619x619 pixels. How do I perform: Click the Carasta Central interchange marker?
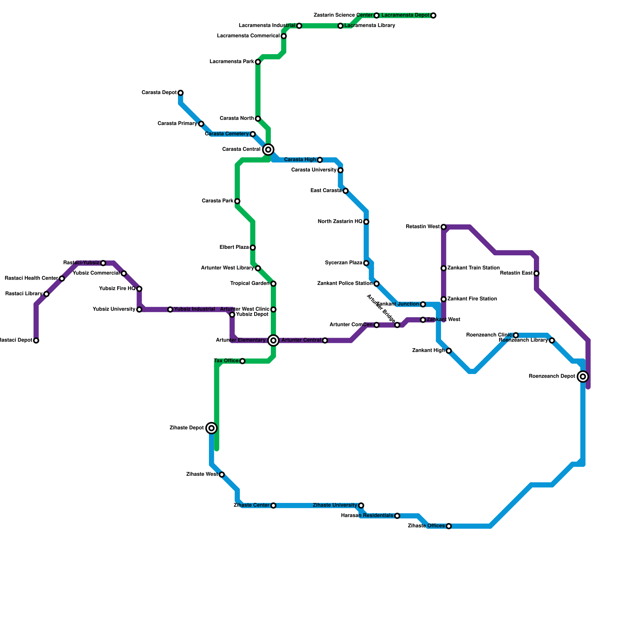[268, 149]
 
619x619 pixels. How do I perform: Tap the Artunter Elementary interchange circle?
[274, 340]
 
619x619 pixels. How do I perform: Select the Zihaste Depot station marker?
[211, 428]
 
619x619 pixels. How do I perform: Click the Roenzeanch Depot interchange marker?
[583, 376]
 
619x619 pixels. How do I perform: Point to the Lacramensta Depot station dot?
[433, 15]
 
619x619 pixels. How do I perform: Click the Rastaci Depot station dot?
[36, 340]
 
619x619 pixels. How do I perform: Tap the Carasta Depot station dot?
[181, 93]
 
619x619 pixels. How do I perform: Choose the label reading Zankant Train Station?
[474, 268]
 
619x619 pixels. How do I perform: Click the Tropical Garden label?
[250, 284]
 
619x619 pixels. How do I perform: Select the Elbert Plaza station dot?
[253, 248]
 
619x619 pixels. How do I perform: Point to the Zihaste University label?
[335, 505]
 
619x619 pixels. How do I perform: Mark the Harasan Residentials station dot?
[397, 516]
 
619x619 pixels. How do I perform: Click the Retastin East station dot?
[536, 274]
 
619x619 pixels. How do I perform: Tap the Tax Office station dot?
[242, 361]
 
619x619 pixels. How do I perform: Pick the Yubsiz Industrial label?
[194, 309]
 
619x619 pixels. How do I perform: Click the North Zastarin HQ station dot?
[366, 222]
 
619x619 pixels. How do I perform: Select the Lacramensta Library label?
[369, 26]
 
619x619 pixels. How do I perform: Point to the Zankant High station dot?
[449, 351]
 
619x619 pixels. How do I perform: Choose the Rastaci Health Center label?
[31, 278]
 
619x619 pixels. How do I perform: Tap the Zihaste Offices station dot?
[449, 526]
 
